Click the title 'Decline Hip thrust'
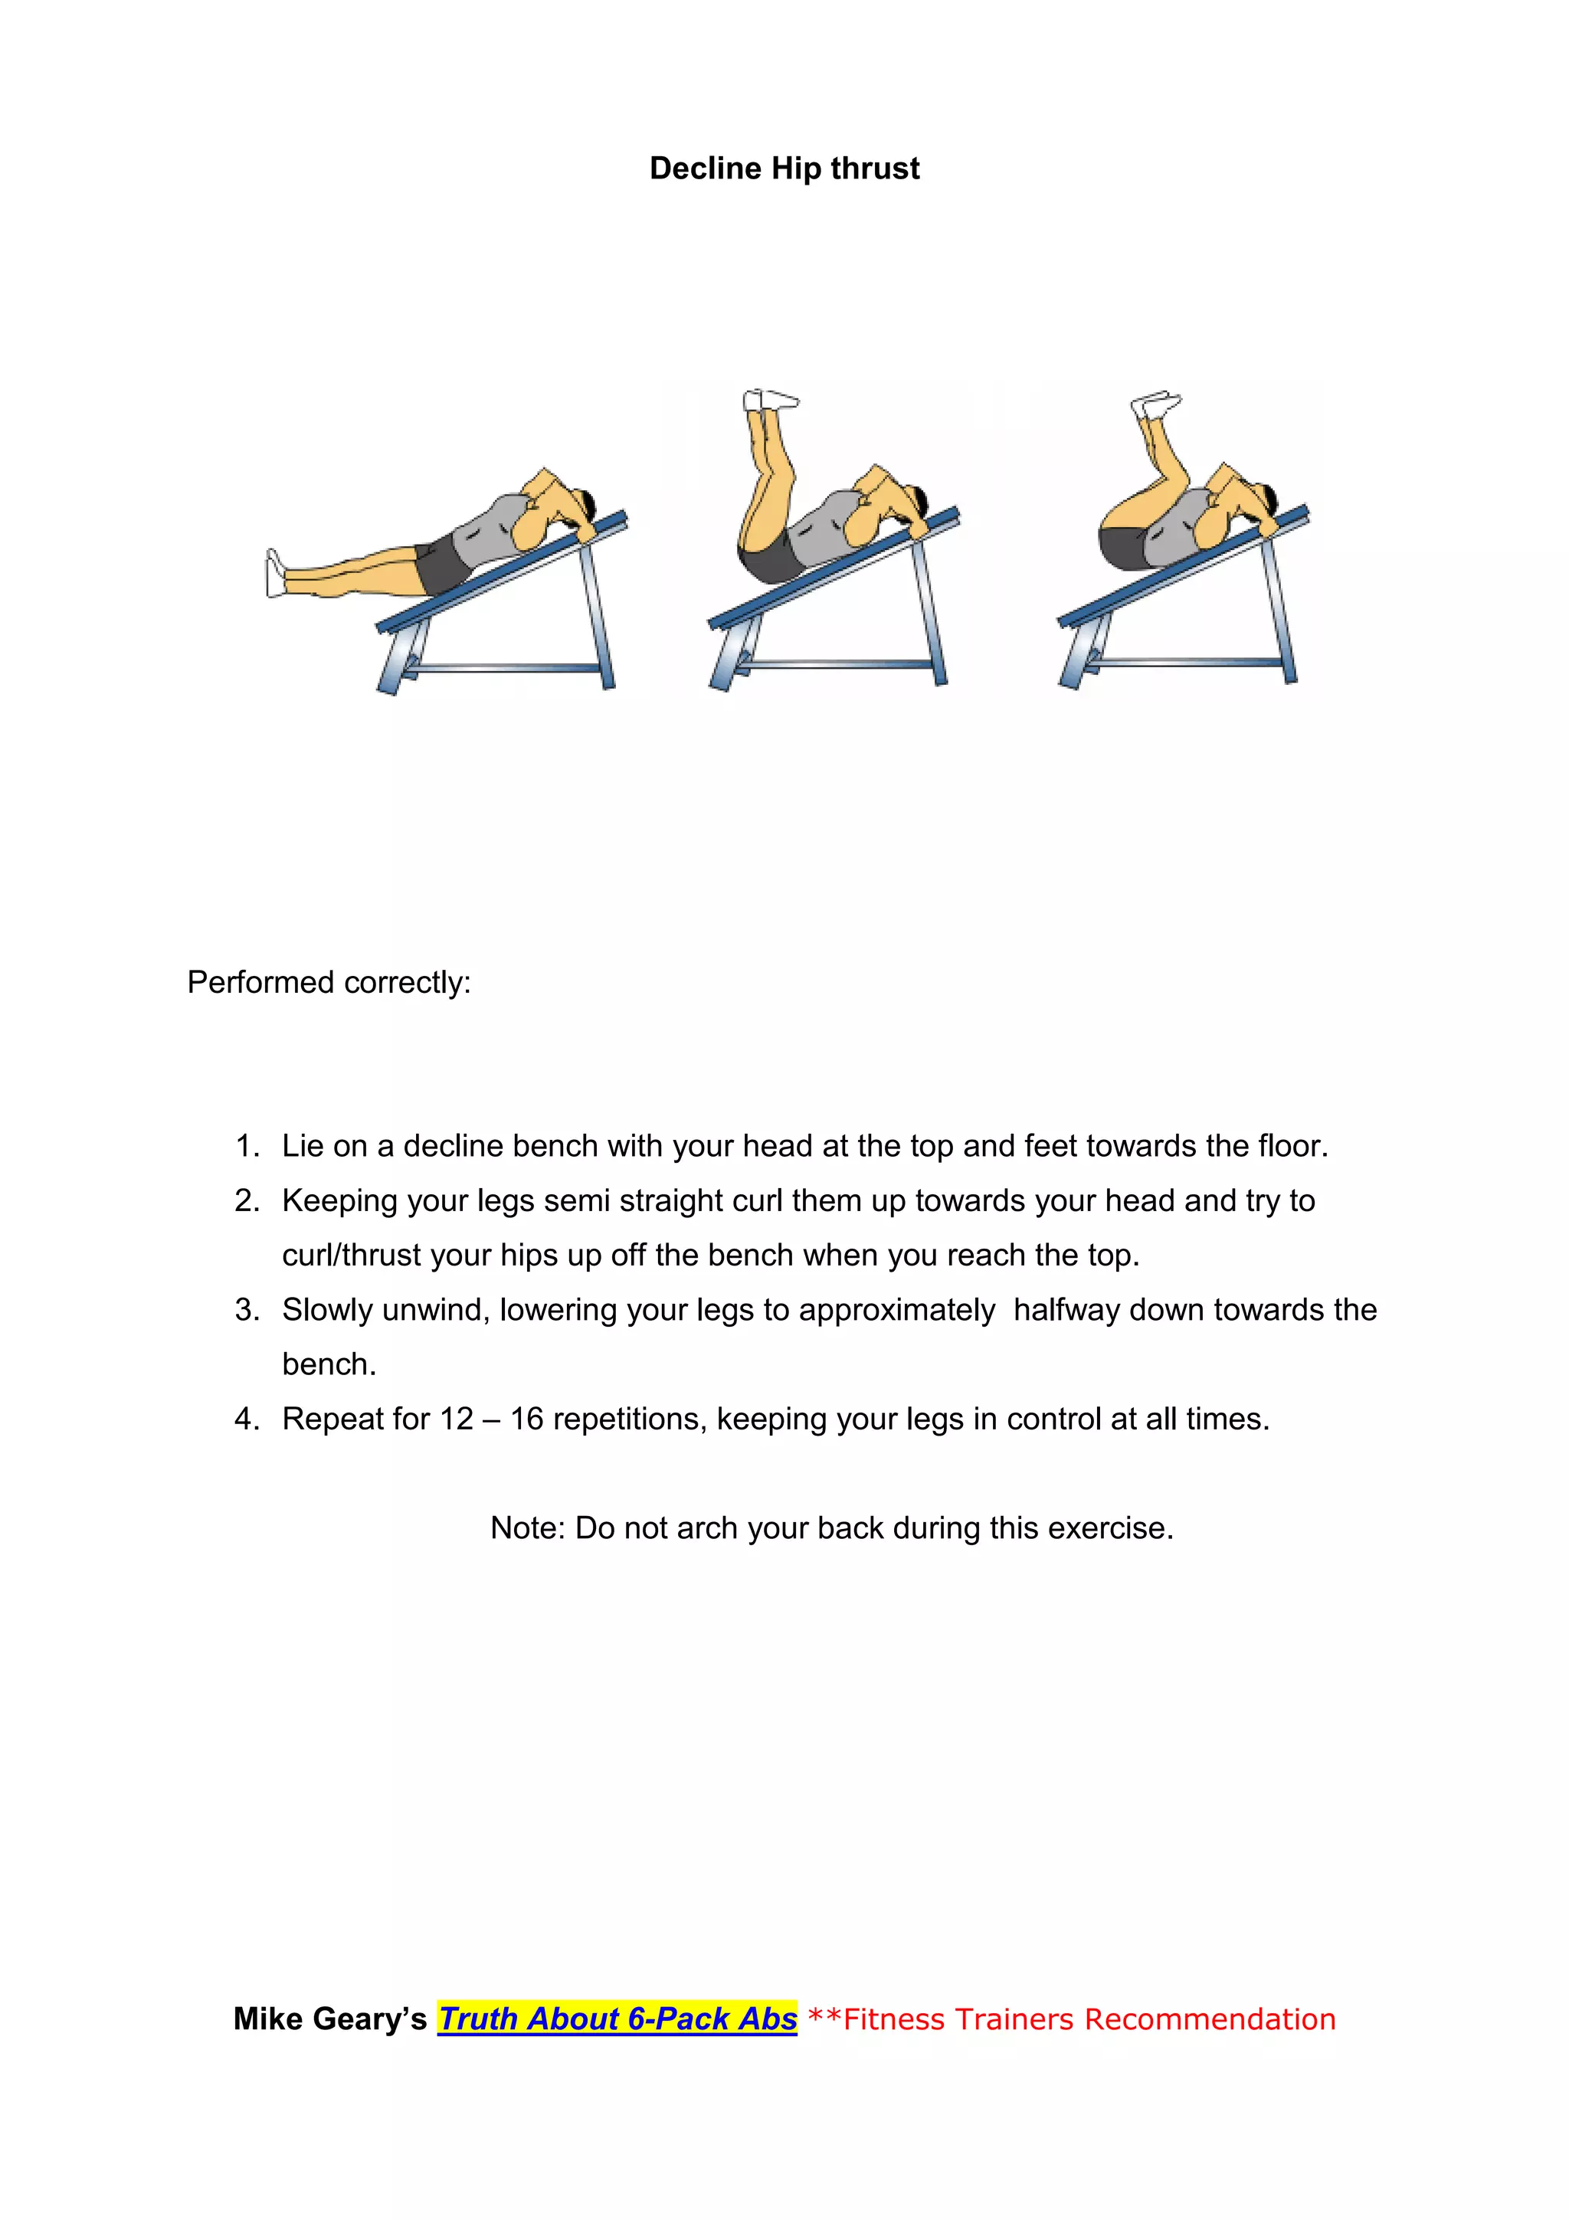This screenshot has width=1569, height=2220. pos(784,169)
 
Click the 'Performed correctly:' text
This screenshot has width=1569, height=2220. pos(329,982)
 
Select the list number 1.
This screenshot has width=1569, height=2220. pos(247,1147)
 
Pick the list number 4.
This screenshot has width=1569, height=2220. pos(247,1419)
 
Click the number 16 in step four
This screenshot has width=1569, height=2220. pos(527,1419)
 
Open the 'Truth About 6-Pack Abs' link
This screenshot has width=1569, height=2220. pos(617,2019)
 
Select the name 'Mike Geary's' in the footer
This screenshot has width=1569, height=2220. pos(329,2019)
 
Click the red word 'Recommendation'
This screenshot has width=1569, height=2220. pos(1210,2019)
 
